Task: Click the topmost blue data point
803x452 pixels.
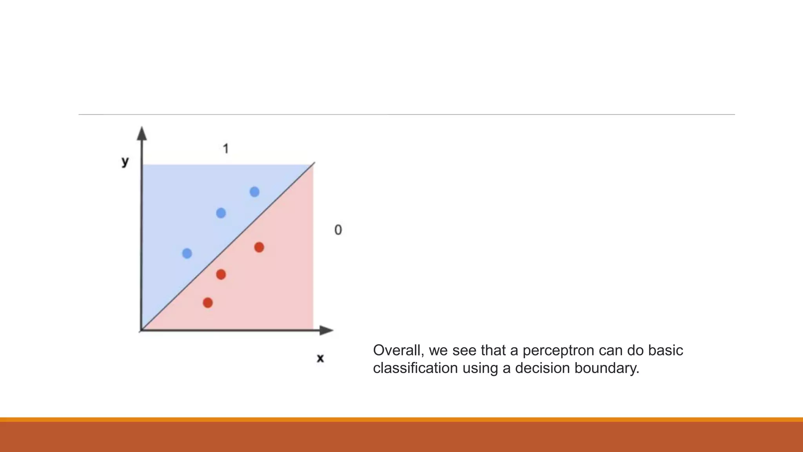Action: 254,192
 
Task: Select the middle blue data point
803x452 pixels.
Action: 221,213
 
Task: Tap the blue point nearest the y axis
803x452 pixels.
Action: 187,253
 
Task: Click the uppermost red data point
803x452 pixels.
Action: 259,247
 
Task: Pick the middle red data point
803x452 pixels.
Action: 221,274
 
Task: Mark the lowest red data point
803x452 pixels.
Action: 208,303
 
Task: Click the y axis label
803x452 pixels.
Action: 125,161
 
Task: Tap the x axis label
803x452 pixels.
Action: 320,358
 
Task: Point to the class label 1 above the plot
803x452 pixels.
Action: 225,149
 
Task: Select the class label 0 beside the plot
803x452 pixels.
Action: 338,230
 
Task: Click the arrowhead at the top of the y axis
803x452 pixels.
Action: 142,133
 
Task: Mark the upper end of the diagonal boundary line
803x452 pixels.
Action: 314,163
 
